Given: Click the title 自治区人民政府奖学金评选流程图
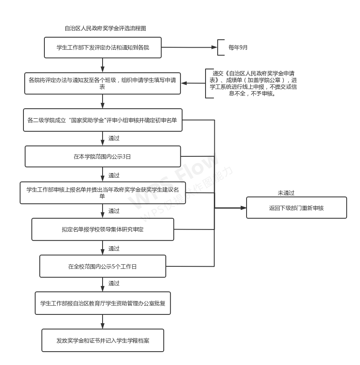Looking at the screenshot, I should coord(105,28).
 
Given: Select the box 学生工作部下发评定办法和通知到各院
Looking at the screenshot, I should coord(103,47).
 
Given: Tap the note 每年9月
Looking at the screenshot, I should coord(238,47).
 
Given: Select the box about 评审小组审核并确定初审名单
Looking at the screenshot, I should coord(103,120).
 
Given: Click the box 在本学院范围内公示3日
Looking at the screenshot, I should coord(103,156).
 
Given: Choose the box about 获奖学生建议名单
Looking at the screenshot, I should coord(103,193).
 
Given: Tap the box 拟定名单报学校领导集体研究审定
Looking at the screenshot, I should coord(103,230).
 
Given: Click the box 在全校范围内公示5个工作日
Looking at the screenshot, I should coord(103,266).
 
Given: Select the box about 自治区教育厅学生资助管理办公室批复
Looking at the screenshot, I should coord(103,303).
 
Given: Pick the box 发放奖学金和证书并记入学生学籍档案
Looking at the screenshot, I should coord(103,340).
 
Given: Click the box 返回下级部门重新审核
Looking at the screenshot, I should coord(296,208).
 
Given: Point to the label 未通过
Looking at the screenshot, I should coord(286,193).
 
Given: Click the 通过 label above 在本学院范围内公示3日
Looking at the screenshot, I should coord(114,138).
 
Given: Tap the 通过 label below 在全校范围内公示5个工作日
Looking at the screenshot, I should coord(114,283).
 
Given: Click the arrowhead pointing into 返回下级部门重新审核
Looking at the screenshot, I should coord(243,208).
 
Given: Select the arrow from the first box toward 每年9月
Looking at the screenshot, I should coord(188,47).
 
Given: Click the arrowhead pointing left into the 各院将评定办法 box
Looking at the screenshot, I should coord(185,83).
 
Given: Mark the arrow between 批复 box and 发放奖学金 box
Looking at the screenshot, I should coord(103,322).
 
